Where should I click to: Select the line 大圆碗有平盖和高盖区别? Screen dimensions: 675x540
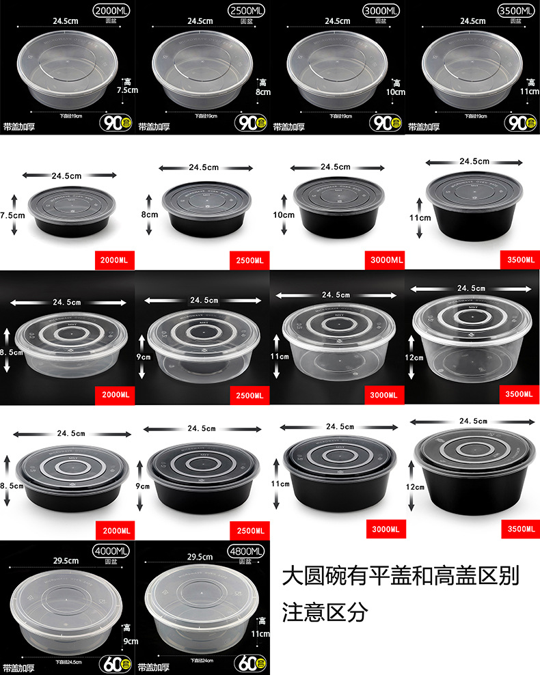401,576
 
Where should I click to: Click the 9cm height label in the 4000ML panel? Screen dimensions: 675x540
129,637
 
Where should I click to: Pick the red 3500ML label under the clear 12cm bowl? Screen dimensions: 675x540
519,394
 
